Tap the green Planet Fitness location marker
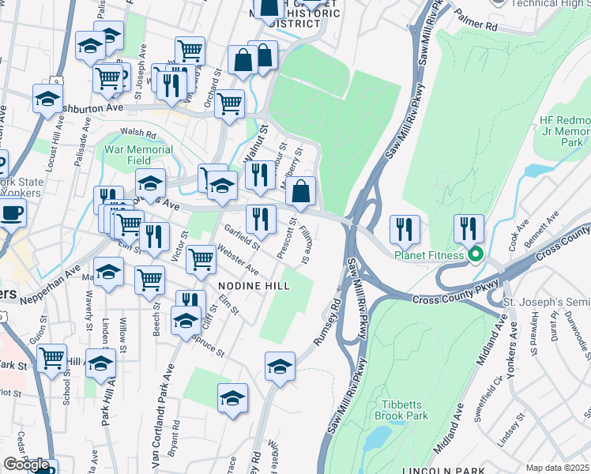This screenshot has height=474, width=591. pyautogui.click(x=475, y=255)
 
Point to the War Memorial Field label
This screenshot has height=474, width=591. pyautogui.click(x=139, y=154)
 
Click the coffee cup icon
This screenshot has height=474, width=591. pyautogui.click(x=11, y=213)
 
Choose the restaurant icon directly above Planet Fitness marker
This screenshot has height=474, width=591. pyautogui.click(x=469, y=229)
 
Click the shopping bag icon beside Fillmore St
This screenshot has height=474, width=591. pyautogui.click(x=301, y=190)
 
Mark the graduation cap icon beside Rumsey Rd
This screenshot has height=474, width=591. pyautogui.click(x=280, y=367)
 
